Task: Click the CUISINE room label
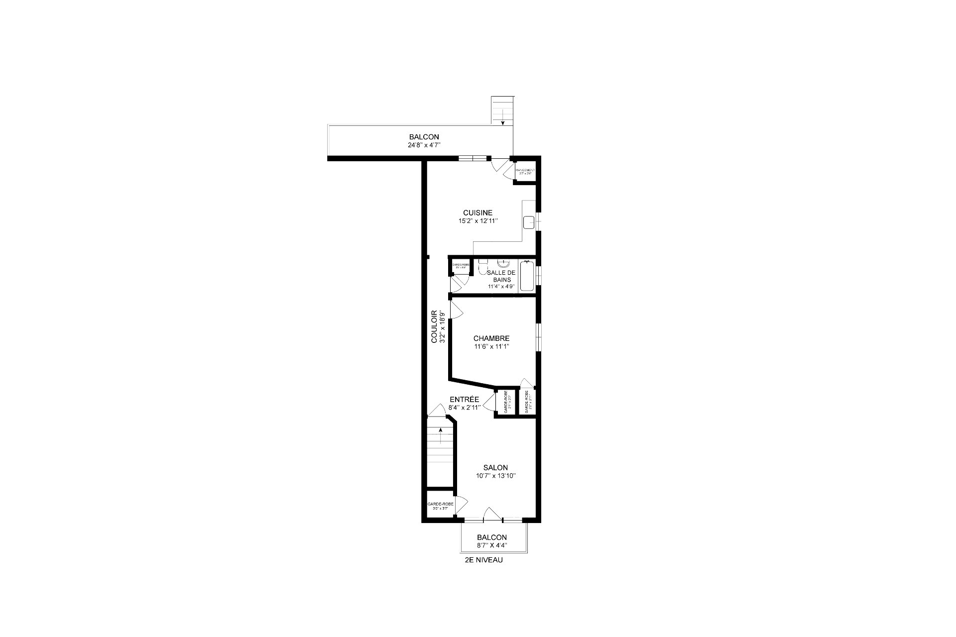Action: pos(478,212)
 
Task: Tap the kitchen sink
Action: pos(529,221)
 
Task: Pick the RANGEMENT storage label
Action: pos(525,170)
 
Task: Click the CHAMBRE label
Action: pos(491,338)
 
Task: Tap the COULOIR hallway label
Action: pos(434,327)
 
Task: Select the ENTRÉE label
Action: pos(464,399)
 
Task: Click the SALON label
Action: pos(495,467)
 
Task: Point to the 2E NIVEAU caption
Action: pos(483,560)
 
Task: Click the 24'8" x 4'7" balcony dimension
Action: pos(424,145)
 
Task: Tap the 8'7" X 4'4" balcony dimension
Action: pos(491,545)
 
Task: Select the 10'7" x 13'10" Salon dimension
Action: pos(495,476)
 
